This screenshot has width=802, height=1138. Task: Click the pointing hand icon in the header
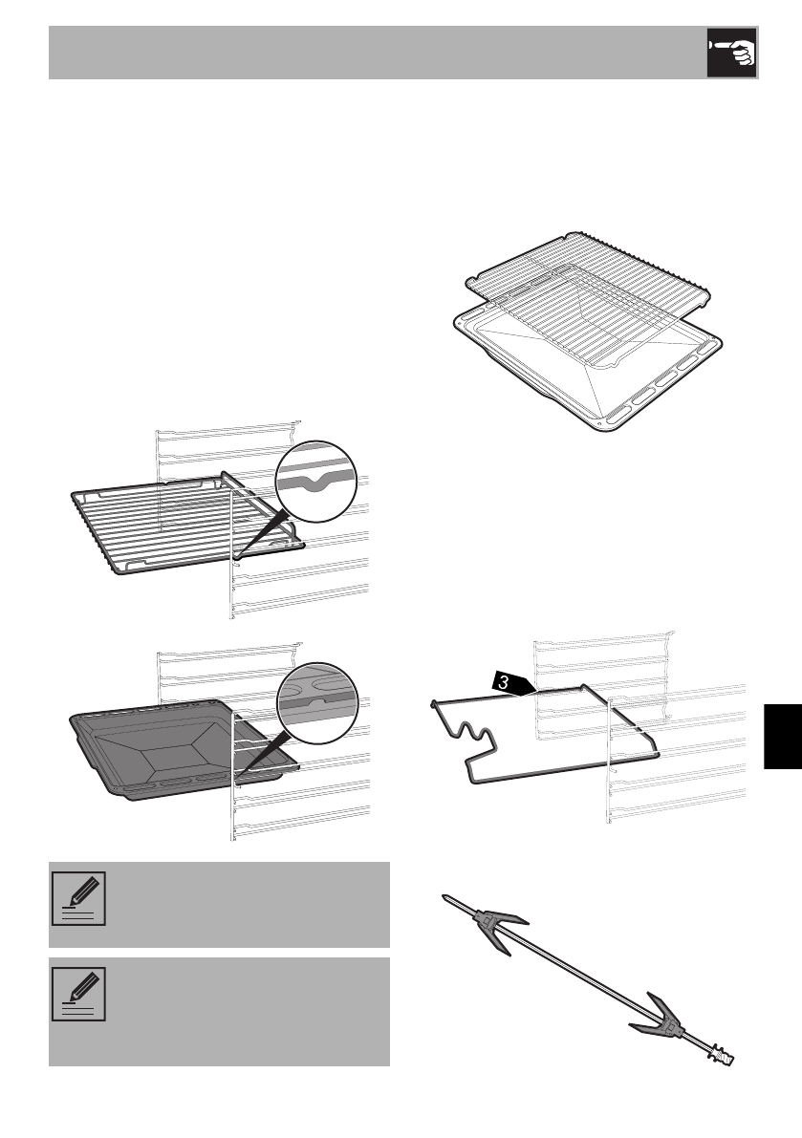(x=731, y=52)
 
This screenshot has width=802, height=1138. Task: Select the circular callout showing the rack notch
(x=314, y=480)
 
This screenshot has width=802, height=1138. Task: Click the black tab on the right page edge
(x=783, y=737)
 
